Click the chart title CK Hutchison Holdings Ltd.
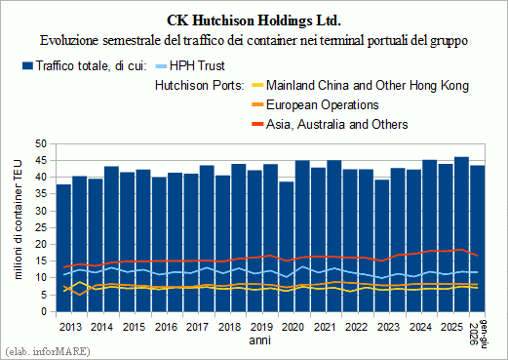(x=254, y=20)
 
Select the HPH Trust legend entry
(x=190, y=66)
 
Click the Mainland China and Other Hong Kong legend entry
(x=361, y=86)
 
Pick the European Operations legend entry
(x=315, y=105)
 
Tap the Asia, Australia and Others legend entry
(x=330, y=125)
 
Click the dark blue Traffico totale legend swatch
(x=27, y=66)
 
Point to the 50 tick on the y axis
(x=42, y=143)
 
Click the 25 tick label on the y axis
(x=42, y=227)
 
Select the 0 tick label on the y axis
(x=45, y=311)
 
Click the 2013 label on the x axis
(x=70, y=327)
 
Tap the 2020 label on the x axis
(x=293, y=327)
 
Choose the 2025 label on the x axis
(x=452, y=327)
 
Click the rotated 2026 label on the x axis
(x=474, y=334)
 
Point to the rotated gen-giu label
(x=484, y=335)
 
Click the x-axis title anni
(x=259, y=340)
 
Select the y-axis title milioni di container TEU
(x=19, y=220)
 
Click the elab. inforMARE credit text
(x=48, y=351)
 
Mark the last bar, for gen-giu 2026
(x=477, y=238)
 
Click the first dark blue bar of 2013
(x=63, y=248)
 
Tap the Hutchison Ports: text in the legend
(x=199, y=86)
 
